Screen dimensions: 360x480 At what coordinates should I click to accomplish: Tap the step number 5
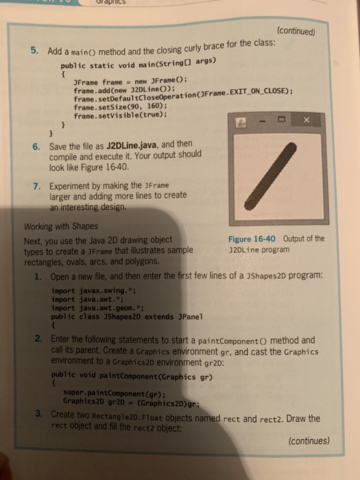(x=34, y=50)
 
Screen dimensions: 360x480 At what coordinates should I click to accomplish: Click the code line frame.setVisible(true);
(x=112, y=116)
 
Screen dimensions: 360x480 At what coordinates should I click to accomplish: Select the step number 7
(x=36, y=187)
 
